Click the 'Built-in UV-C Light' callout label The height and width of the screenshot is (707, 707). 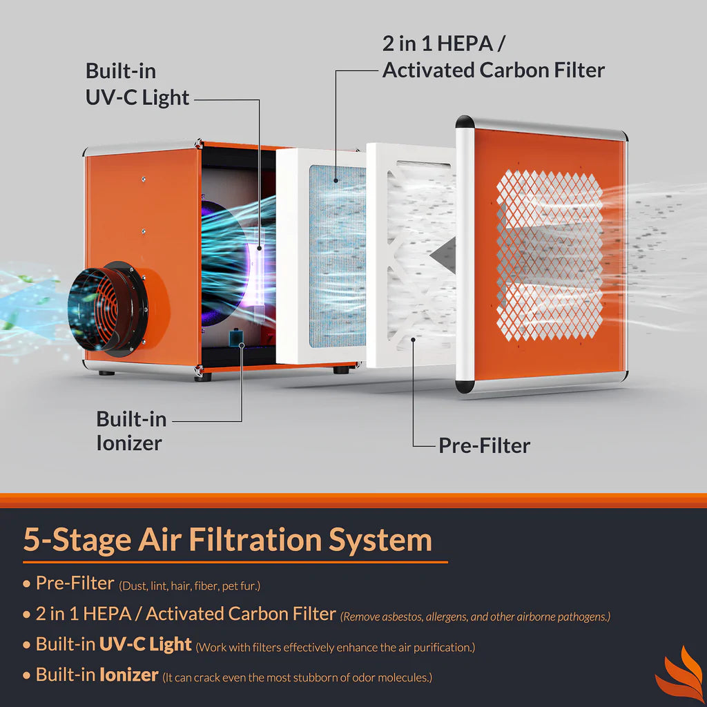point(137,84)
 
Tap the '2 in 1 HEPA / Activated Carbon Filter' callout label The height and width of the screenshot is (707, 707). point(493,57)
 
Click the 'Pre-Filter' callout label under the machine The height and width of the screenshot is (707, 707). point(484,445)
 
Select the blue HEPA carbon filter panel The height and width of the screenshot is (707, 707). point(337,255)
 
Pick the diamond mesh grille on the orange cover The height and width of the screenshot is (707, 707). point(550,255)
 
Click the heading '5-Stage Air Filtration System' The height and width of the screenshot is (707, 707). point(228,539)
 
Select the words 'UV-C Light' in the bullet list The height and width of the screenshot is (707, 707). point(146,644)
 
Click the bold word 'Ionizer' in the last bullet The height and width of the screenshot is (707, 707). point(129,675)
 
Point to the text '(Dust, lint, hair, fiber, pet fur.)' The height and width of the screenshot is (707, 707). point(190,586)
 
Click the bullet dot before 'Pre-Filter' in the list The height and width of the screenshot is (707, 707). point(27,584)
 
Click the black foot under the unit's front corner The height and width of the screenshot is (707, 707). point(202,377)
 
